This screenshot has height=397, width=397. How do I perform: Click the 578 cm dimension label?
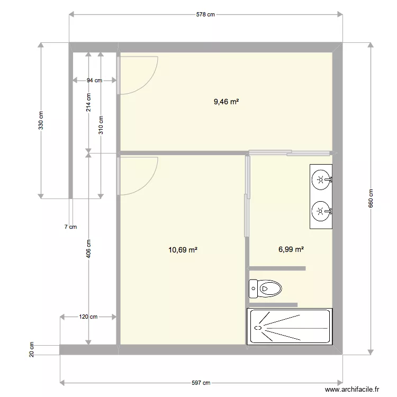pos(206,15)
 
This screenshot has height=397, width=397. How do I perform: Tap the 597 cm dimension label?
pos(201,383)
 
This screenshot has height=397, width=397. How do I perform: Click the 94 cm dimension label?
pos(94,80)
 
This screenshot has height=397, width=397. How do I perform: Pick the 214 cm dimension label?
pos(88,103)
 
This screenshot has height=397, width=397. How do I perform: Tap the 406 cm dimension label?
pos(88,249)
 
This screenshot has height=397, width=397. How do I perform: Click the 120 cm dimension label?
pos(88,317)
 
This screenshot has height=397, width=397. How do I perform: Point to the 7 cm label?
pos(70,227)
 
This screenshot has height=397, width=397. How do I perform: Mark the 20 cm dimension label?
pos(31,349)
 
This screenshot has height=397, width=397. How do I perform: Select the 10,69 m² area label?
pos(183,249)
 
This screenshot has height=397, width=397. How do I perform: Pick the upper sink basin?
pos(320,179)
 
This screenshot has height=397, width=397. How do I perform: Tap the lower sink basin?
pos(320,211)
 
